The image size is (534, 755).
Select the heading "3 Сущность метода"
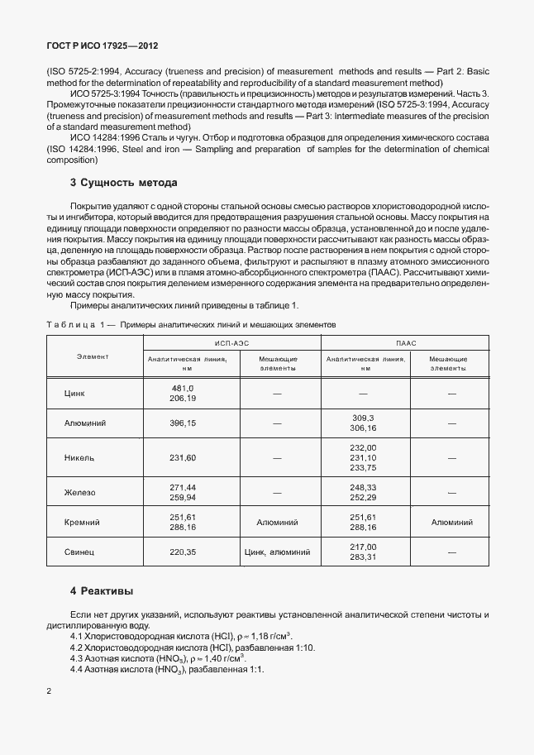click(123, 182)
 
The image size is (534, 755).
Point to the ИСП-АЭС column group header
click(232, 342)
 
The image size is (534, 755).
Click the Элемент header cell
click(93, 356)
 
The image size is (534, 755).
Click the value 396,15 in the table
click(182, 423)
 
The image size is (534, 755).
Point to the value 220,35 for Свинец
click(182, 552)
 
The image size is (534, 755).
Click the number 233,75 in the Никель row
click(363, 467)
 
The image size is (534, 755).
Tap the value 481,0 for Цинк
click(182, 388)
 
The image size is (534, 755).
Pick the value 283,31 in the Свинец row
click(363, 557)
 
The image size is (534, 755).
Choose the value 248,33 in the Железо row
click(363, 487)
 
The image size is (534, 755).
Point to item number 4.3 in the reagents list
click(77, 658)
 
